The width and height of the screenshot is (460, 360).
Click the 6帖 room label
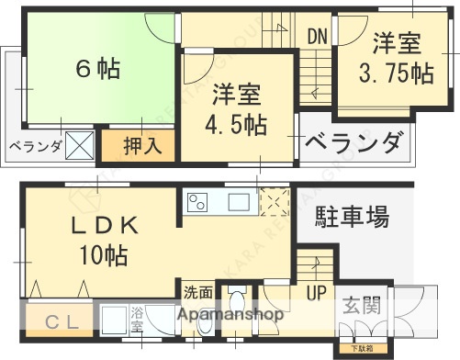pos(96,70)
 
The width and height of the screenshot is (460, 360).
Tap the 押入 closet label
pos(141,145)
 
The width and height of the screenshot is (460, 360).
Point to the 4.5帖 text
pos(237,124)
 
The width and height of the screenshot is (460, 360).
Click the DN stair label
pos(317,37)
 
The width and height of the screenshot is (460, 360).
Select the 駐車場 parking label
pos(353,218)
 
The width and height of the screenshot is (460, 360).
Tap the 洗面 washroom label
pos(197,294)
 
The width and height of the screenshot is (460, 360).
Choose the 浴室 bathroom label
pos(137,318)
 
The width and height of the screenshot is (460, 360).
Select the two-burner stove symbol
pos(199,202)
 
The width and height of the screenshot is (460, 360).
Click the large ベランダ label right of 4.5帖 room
pos(353,143)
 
